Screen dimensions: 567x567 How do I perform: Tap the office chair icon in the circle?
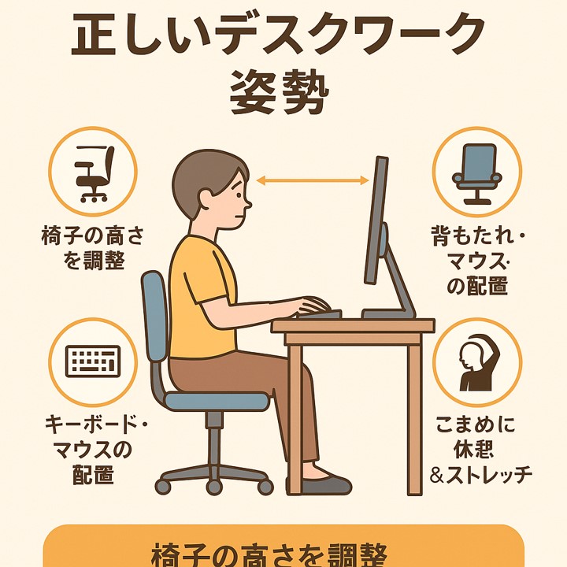pos(93,172)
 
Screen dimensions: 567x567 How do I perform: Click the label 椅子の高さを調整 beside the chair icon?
pos(93,248)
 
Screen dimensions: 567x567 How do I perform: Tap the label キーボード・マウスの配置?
pos(93,451)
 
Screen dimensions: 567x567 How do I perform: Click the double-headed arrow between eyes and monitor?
pos(313,182)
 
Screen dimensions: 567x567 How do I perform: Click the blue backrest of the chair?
pos(156,323)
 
